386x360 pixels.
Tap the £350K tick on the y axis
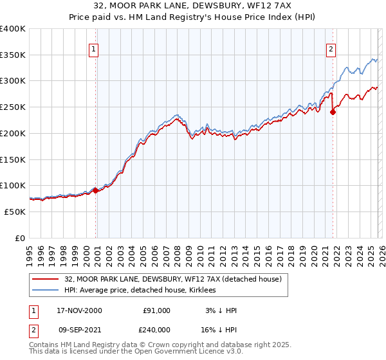13,55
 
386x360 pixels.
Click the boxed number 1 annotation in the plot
94,49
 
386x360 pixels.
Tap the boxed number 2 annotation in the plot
331,49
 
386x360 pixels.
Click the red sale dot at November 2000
96,190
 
